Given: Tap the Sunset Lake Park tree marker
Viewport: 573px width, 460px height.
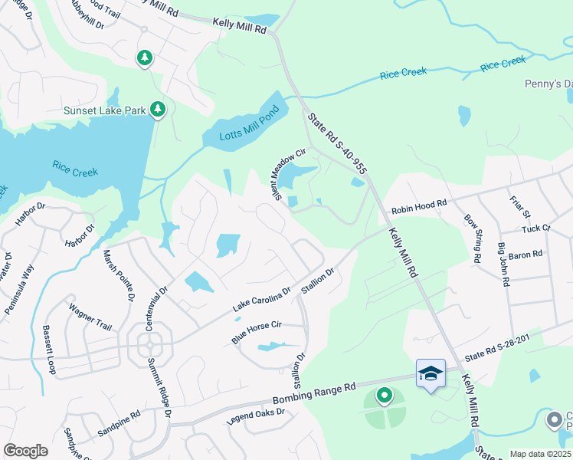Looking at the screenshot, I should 158,110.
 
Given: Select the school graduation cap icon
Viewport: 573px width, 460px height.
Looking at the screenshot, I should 431,373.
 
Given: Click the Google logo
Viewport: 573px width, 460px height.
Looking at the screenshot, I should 25,451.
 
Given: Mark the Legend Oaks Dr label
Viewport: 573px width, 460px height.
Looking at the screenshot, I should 255,417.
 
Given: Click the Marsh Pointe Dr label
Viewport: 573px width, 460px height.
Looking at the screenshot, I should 119,272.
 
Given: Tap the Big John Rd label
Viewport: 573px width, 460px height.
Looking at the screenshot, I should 503,264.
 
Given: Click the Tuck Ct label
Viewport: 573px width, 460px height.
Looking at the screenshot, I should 535,228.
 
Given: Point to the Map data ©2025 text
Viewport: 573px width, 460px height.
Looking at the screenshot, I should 540,454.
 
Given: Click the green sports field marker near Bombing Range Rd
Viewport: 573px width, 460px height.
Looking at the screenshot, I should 384,396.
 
